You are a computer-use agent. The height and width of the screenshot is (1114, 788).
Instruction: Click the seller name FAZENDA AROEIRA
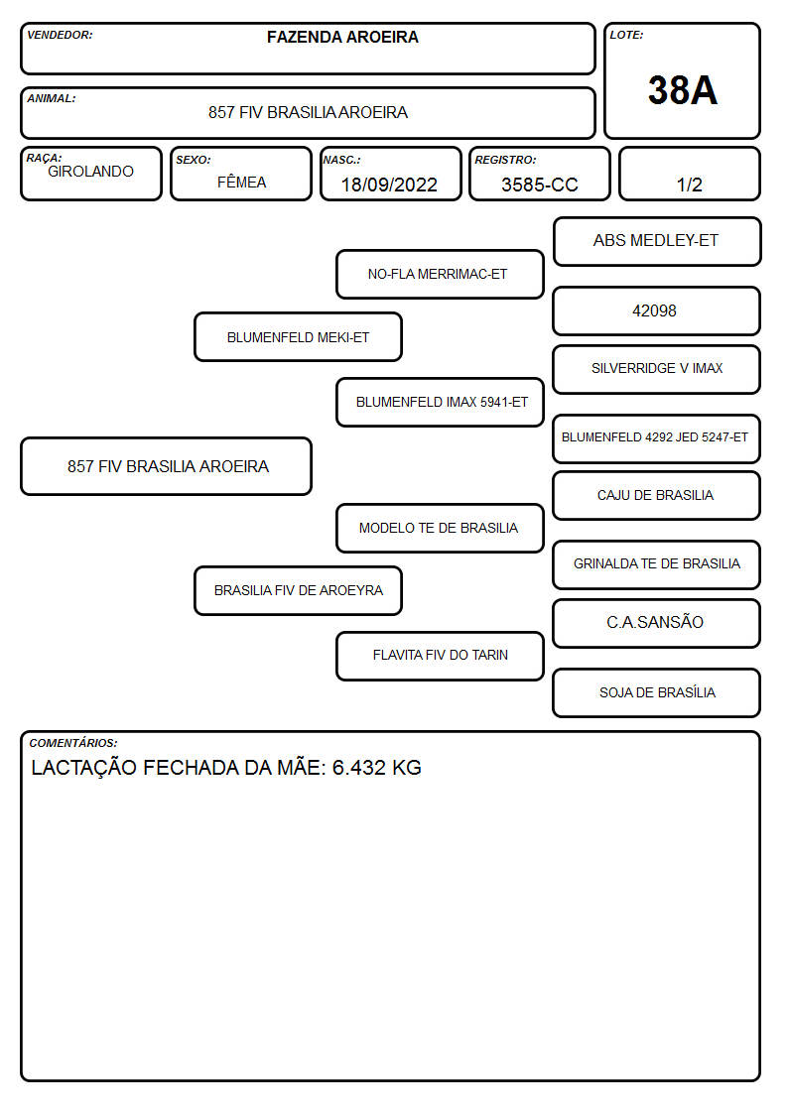pos(342,37)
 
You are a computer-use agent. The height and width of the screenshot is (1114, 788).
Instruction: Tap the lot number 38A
pos(682,90)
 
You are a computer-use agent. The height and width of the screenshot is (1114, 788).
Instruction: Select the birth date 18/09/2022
pos(389,185)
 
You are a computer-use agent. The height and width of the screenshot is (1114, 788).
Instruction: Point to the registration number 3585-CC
pos(539,185)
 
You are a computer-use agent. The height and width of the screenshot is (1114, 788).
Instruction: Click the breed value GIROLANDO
pos(90,172)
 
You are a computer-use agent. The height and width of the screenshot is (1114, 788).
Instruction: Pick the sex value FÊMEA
pos(241,182)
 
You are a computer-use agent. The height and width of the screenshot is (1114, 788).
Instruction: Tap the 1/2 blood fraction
pos(689,185)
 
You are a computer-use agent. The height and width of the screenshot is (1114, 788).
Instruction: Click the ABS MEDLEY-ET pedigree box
pos(657,242)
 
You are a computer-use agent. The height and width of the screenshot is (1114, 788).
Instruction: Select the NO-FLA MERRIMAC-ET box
pos(440,274)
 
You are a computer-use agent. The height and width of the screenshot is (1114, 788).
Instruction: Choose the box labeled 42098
pos(657,311)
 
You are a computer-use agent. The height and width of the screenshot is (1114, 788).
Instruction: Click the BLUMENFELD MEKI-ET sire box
pos(299,336)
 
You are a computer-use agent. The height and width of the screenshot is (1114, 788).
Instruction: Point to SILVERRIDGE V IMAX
pos(657,369)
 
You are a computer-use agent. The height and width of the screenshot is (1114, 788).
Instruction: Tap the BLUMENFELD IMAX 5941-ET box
pos(440,402)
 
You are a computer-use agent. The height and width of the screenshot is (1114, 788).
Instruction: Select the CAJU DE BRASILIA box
pos(657,496)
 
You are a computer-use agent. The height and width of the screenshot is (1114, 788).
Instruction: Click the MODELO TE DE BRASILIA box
pos(440,529)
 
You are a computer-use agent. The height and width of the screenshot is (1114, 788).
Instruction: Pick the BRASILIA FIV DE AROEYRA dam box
pos(299,591)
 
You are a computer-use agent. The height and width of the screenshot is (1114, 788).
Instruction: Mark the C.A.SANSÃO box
pos(657,624)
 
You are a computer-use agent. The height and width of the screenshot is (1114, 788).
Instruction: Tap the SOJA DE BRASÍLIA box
pos(657,693)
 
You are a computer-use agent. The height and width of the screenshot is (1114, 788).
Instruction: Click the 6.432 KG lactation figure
pos(376,767)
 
